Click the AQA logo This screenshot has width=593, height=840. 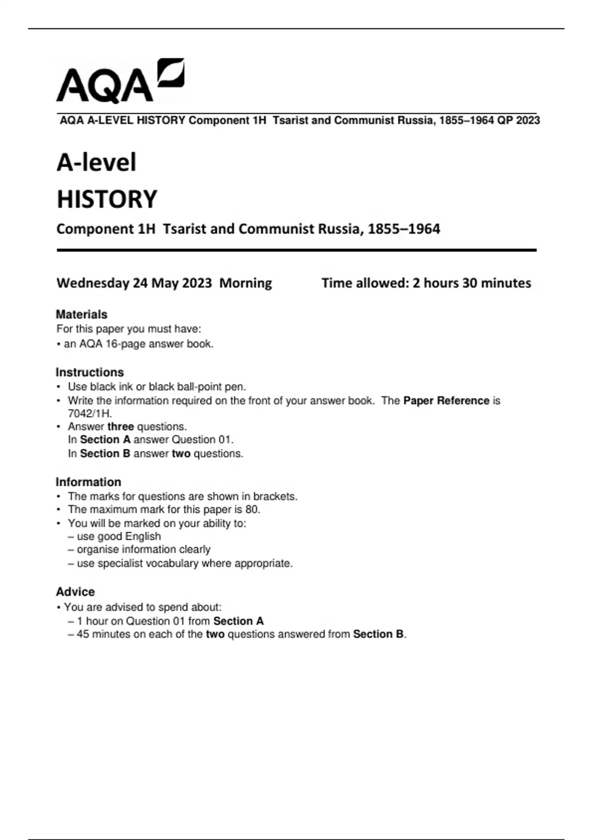120,82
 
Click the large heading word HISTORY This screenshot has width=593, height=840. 107,200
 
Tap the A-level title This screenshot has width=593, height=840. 96,163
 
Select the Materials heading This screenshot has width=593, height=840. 82,314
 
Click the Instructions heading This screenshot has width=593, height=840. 89,372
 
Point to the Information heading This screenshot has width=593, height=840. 88,482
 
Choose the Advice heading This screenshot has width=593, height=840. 75,591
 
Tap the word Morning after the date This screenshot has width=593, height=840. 246,283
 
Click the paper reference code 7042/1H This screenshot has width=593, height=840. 89,414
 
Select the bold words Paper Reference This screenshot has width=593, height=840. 446,401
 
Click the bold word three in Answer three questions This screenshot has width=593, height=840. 121,426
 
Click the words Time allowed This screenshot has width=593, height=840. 365,283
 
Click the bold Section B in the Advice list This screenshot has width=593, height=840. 378,634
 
